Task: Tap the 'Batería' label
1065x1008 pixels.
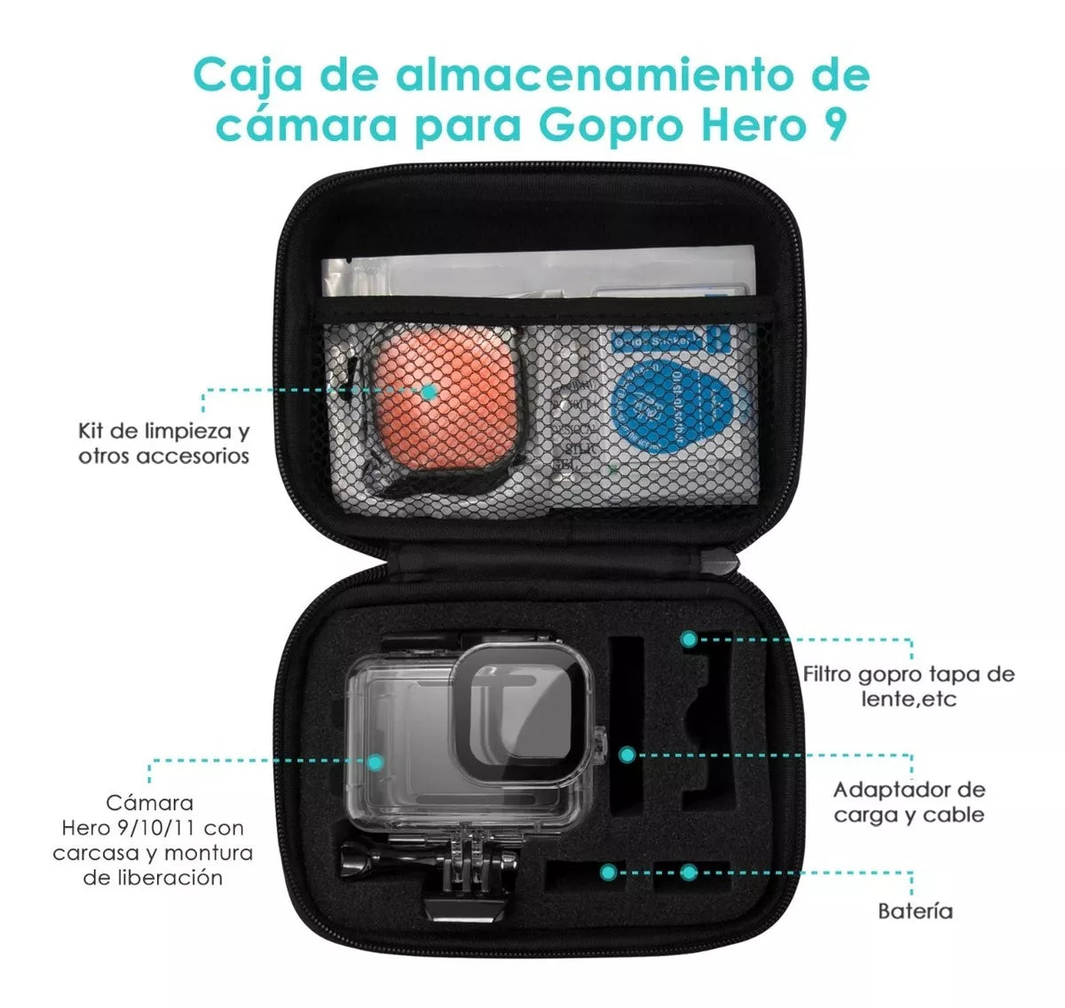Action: click(914, 910)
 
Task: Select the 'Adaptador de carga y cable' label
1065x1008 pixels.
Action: click(909, 802)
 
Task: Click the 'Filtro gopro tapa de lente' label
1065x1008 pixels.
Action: click(909, 686)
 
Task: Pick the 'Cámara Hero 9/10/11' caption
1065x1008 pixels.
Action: click(152, 839)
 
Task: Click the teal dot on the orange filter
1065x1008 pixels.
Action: click(429, 390)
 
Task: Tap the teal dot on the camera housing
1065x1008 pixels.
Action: click(375, 761)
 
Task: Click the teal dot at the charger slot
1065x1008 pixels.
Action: click(627, 755)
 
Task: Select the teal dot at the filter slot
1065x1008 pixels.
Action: click(689, 638)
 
